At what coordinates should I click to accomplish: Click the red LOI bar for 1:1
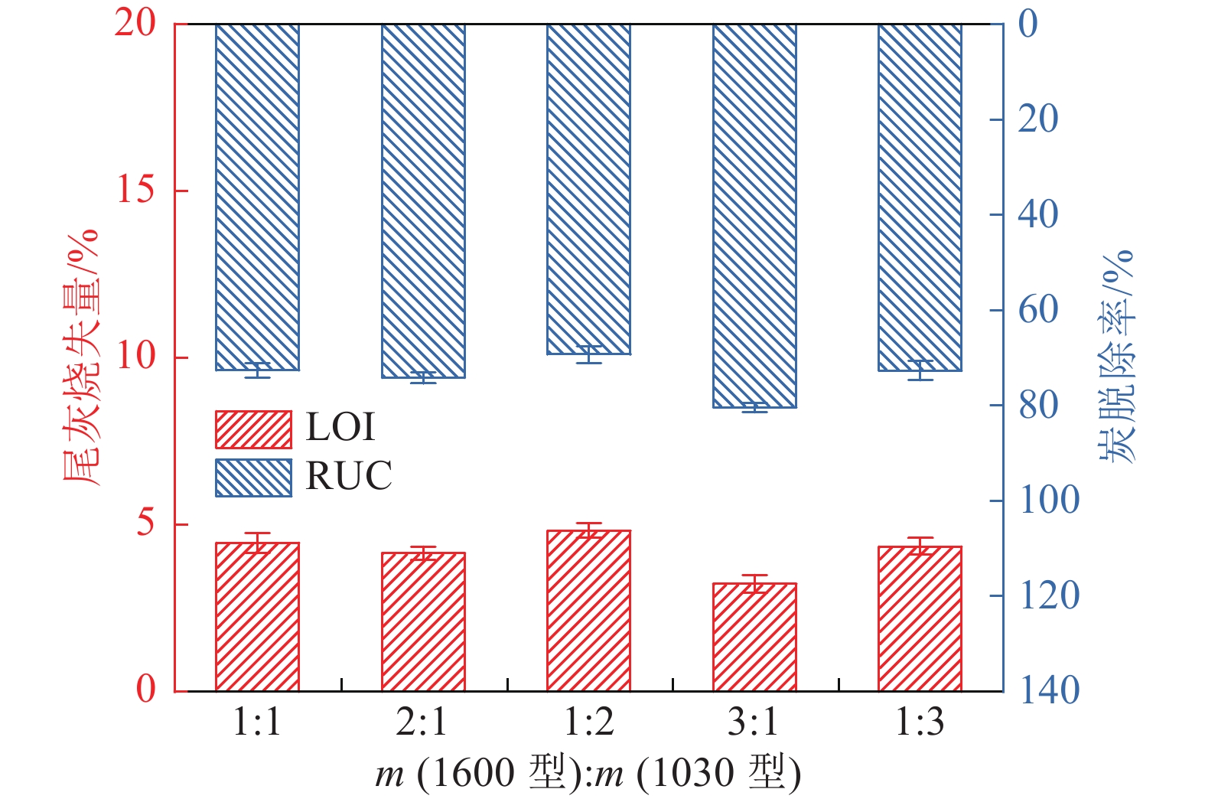pyautogui.click(x=257, y=617)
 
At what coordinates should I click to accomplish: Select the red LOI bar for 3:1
pyautogui.click(x=754, y=637)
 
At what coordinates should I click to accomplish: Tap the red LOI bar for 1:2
pyautogui.click(x=588, y=611)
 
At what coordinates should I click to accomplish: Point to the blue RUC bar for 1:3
pyautogui.click(x=920, y=197)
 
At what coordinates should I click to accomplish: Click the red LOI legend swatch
pyautogui.click(x=253, y=429)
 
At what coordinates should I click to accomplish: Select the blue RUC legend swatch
pyautogui.click(x=253, y=478)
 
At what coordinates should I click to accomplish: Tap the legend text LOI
pyautogui.click(x=340, y=428)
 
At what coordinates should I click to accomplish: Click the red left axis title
pyautogui.click(x=80, y=357)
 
